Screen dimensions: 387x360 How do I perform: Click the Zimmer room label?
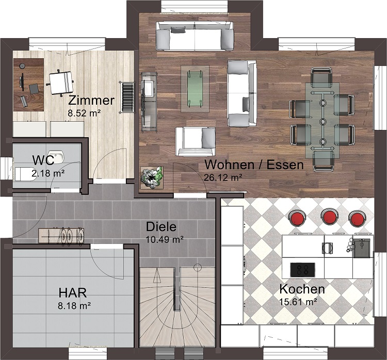coord(91,101)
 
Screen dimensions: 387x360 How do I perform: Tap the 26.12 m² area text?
coord(223,177)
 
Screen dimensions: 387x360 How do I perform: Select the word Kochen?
coord(302,289)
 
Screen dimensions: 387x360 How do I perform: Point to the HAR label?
coord(73,292)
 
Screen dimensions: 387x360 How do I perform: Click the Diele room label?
coord(161,226)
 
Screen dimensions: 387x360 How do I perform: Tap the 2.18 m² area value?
coord(48,173)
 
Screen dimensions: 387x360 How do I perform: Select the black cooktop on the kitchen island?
coord(302,270)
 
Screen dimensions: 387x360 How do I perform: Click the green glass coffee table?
coord(195,89)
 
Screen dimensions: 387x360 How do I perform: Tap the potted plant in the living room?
coord(152,177)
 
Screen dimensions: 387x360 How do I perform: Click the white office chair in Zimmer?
coord(60,83)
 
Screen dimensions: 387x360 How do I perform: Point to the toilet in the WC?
coord(25,174)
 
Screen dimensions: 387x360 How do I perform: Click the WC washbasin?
coord(57,157)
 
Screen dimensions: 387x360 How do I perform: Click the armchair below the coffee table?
coord(196,142)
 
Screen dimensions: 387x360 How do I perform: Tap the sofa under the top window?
coord(195,36)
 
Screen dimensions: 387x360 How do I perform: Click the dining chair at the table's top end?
coord(321,77)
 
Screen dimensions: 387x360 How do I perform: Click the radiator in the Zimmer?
coord(127,97)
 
